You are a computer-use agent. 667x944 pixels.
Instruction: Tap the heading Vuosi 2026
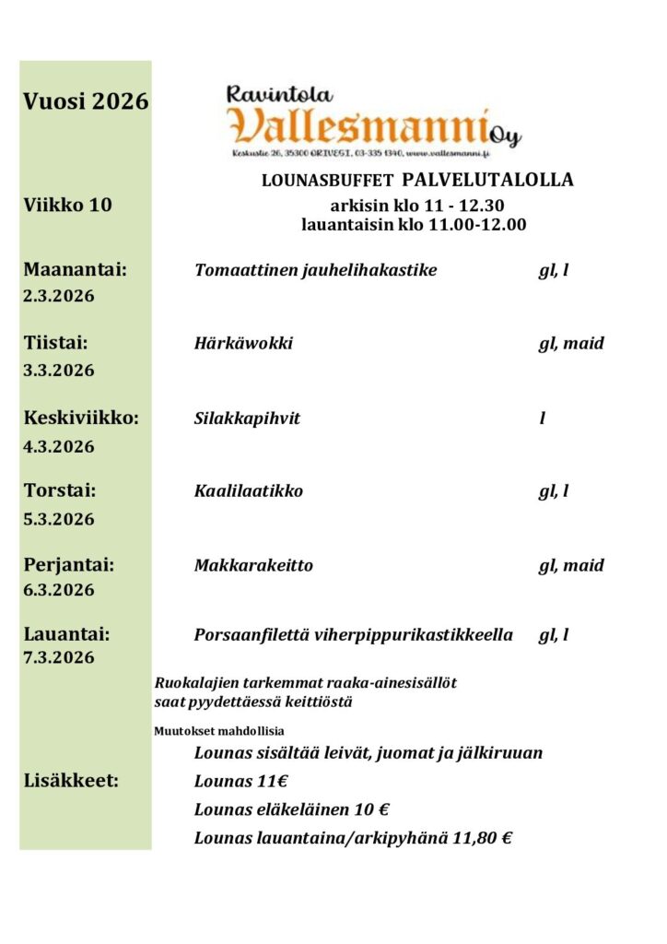[x=86, y=101]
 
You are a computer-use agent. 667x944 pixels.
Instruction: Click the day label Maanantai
[x=75, y=270]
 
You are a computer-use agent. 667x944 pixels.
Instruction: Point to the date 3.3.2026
[x=59, y=371]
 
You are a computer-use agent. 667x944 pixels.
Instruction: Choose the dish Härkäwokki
[x=243, y=344]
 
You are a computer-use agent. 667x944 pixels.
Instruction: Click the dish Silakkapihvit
[x=247, y=419]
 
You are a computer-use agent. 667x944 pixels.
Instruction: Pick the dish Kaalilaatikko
[x=249, y=491]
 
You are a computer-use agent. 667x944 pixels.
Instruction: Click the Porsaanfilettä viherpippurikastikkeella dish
[x=353, y=635]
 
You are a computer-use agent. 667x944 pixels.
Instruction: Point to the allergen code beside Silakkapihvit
[x=543, y=419]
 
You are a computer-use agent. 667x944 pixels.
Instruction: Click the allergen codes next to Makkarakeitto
[x=571, y=565]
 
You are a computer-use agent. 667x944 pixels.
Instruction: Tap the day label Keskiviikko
[x=81, y=418]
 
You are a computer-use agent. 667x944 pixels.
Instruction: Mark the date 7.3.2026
[x=59, y=657]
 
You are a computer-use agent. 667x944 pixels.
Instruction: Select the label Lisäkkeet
[x=70, y=782]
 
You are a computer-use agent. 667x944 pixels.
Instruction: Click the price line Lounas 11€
[x=241, y=782]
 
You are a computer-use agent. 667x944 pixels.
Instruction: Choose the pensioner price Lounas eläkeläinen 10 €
[x=291, y=810]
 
